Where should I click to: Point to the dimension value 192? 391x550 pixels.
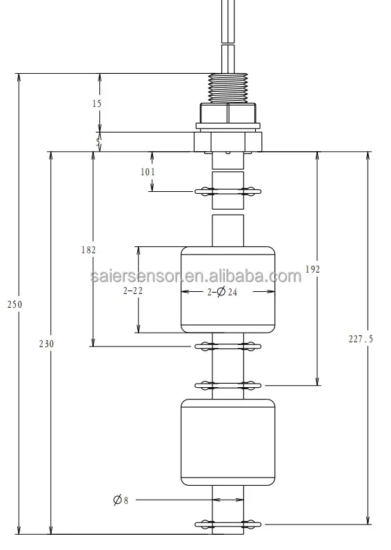coord(312,270)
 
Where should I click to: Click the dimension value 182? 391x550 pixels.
coord(87,249)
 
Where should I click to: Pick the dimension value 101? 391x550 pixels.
coord(148,172)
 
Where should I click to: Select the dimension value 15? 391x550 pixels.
coord(96,103)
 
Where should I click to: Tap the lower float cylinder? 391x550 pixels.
coord(228,442)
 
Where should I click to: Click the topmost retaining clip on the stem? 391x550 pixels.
coord(228,191)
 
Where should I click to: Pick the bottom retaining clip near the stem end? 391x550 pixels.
coord(228,524)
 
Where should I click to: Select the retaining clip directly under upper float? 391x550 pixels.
coord(228,345)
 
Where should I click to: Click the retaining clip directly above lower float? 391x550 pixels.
coord(228,384)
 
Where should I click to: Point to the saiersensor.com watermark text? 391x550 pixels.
coord(196,277)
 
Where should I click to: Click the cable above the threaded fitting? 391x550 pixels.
coord(228,35)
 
